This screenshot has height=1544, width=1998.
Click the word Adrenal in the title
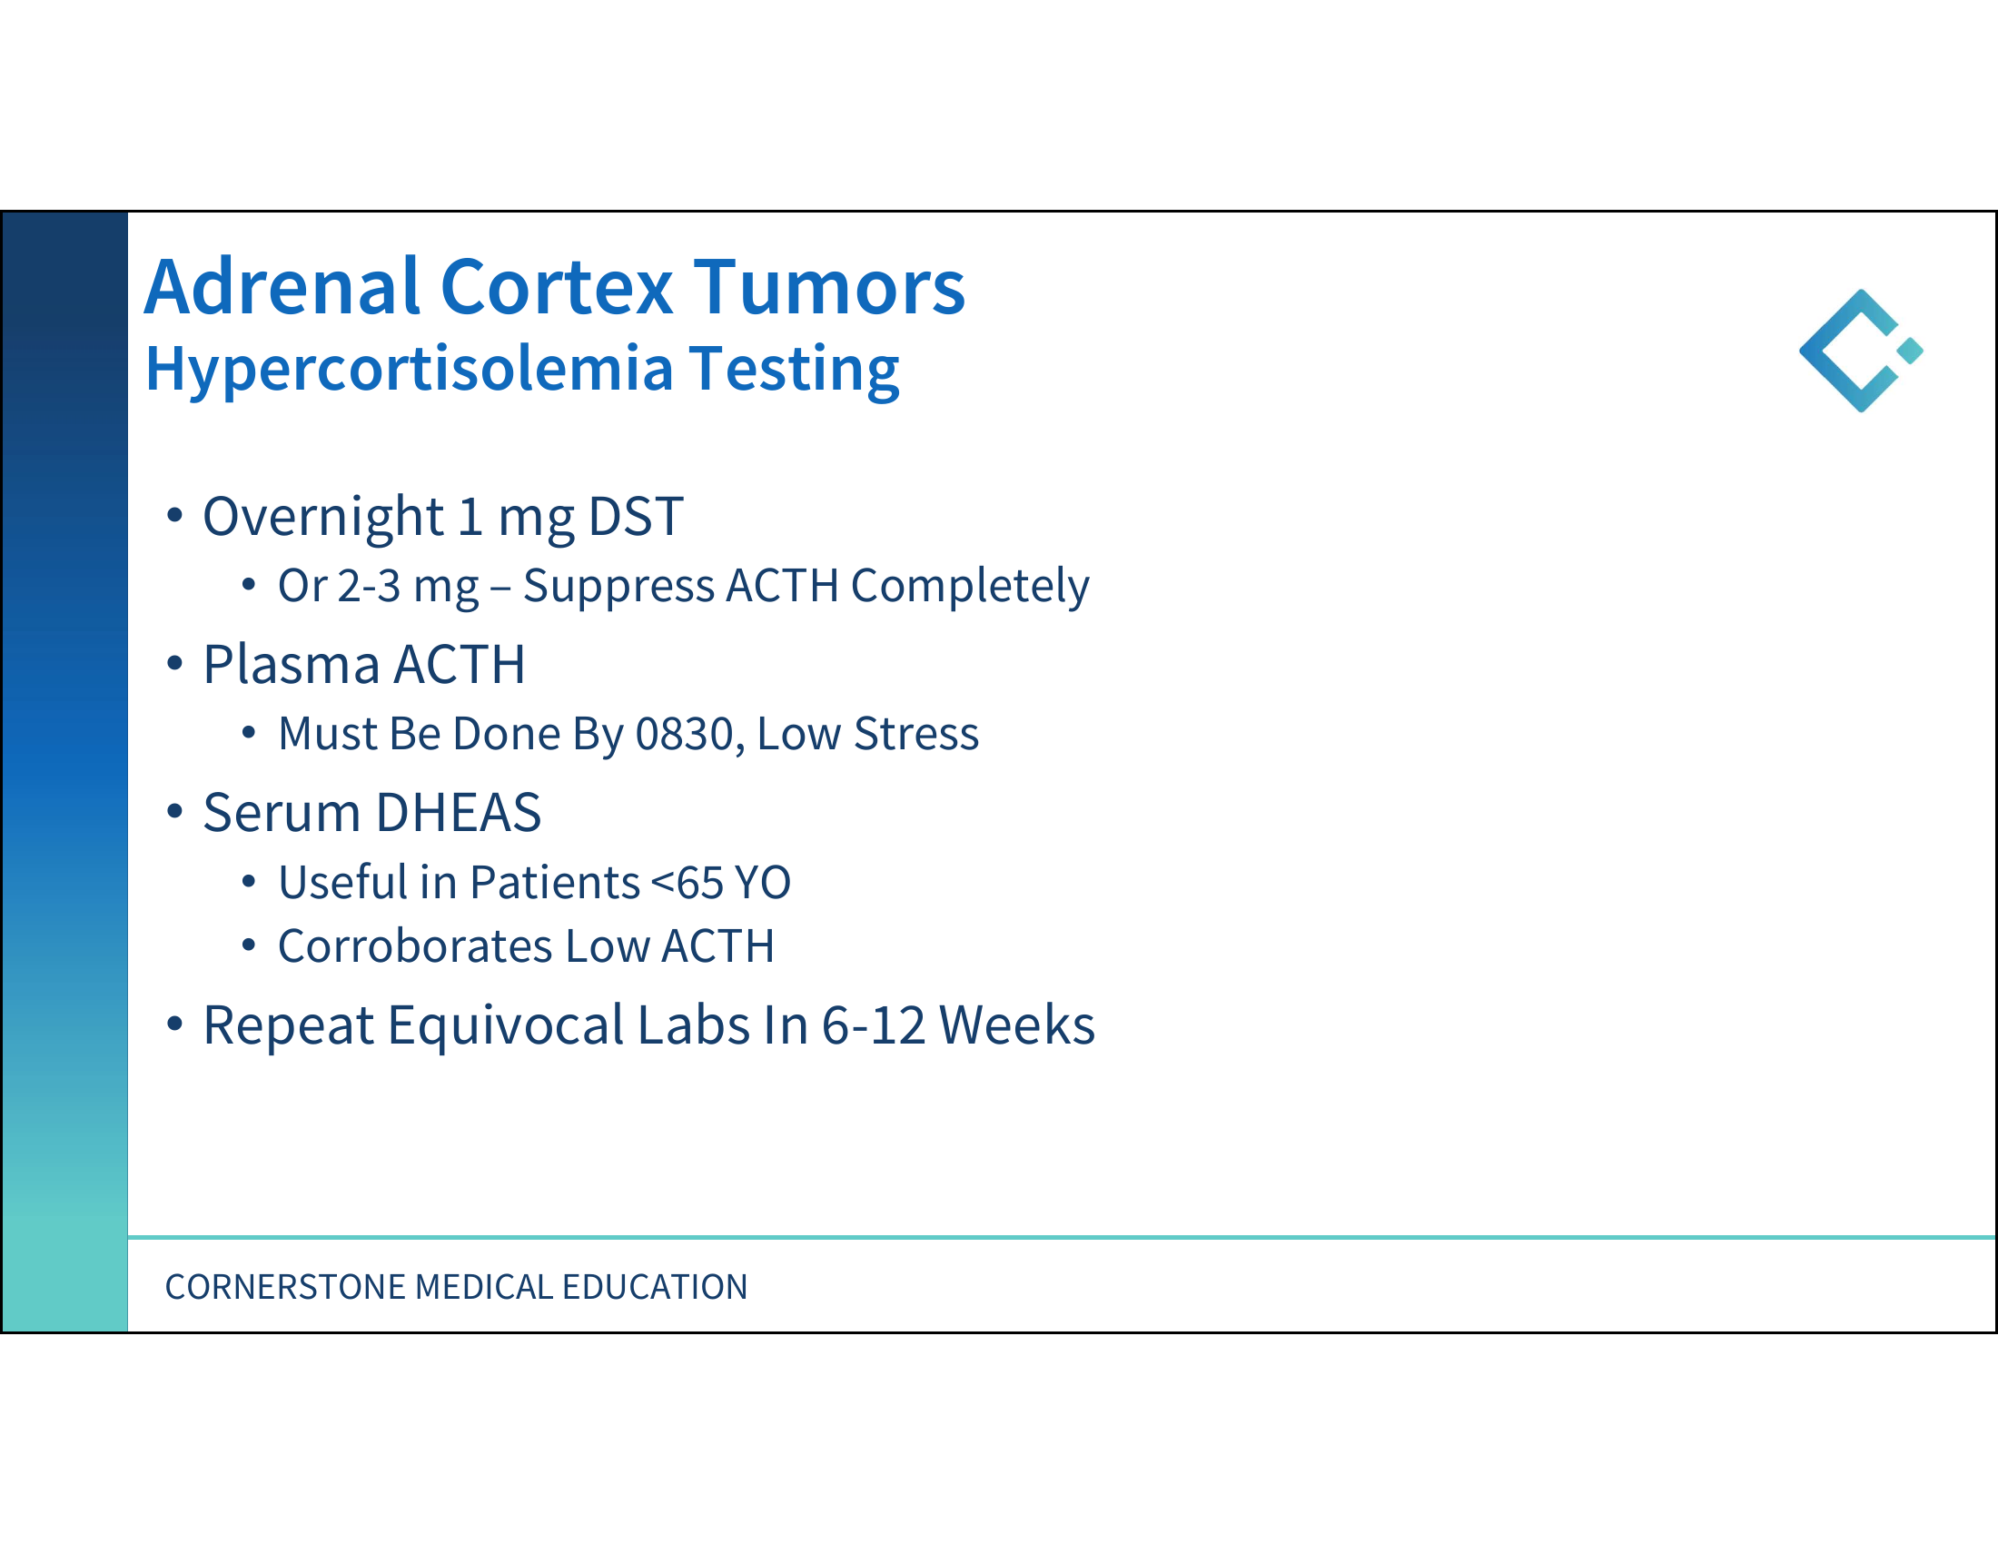tap(282, 287)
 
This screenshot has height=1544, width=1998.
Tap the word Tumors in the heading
tap(829, 287)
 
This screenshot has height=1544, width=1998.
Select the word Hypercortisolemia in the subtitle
tap(409, 371)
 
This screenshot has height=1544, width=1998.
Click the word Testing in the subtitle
tap(794, 371)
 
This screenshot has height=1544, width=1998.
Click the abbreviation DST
tap(636, 517)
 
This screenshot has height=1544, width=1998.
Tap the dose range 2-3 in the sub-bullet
tap(369, 587)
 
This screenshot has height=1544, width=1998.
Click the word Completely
tap(970, 588)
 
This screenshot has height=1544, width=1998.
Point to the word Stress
tap(915, 735)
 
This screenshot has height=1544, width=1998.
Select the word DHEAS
tap(459, 813)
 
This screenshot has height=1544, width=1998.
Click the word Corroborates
tap(416, 946)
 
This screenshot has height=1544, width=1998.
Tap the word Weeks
tap(1017, 1025)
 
